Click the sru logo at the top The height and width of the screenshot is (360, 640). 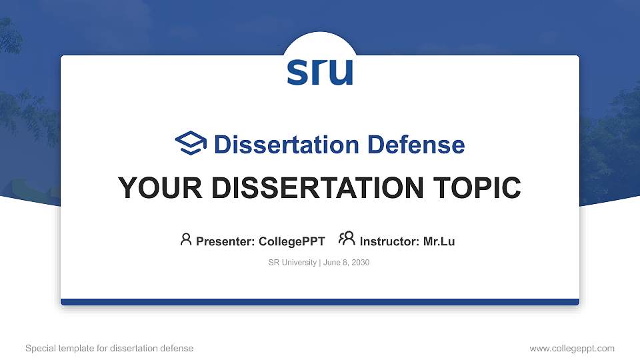(x=320, y=72)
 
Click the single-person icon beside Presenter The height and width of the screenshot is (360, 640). (x=186, y=239)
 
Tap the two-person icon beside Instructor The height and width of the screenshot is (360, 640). (x=347, y=239)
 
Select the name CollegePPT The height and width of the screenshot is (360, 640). (x=291, y=241)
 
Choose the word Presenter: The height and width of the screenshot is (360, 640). (x=225, y=241)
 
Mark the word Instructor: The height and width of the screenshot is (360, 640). (x=389, y=241)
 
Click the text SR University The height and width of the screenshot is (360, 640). (x=292, y=263)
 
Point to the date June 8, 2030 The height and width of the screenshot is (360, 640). (x=346, y=263)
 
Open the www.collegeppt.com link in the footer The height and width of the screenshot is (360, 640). (x=572, y=348)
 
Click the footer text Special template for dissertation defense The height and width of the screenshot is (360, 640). (x=109, y=348)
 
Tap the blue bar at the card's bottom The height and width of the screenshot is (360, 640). (x=320, y=302)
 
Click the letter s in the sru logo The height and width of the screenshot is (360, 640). (x=297, y=73)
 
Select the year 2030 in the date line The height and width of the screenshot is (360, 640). (x=360, y=263)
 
